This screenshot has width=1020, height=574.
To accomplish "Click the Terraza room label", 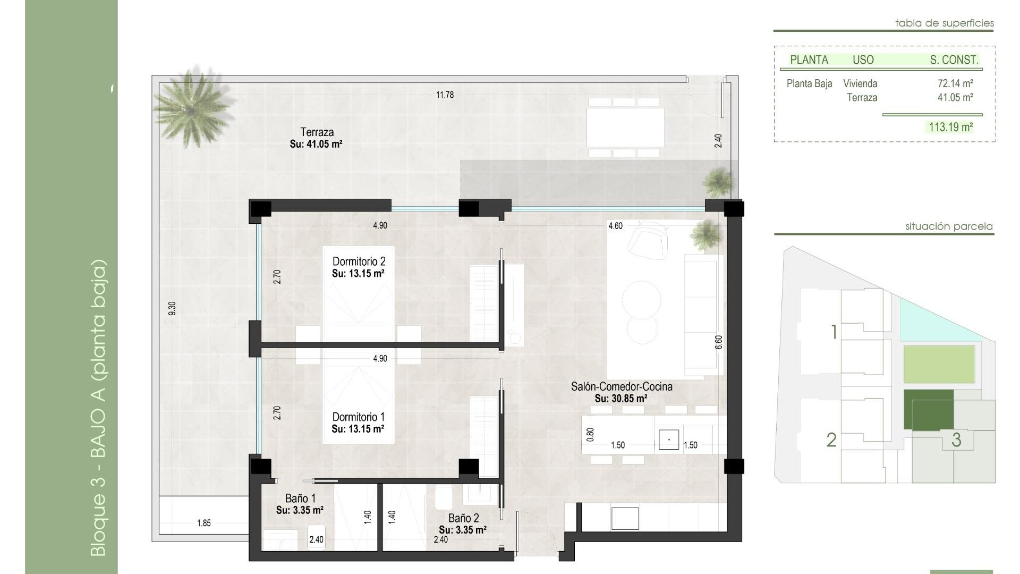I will tap(317, 132).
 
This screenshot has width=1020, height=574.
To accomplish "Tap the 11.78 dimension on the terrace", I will tap(445, 95).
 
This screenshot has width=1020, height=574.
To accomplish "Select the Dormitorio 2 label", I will tap(359, 261).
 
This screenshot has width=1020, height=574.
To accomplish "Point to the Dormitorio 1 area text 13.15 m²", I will tap(358, 429).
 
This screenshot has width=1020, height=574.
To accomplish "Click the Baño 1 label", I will tap(300, 499).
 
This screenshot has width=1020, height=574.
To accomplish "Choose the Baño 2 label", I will tap(463, 518).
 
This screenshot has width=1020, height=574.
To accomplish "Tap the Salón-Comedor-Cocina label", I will tap(622, 387).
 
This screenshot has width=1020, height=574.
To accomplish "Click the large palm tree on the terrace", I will tap(193, 106).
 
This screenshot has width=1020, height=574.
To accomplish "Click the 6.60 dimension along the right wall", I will tap(719, 342).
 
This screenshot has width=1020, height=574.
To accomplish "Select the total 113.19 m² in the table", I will tap(950, 127).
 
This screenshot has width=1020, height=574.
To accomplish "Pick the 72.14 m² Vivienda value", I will tap(955, 83).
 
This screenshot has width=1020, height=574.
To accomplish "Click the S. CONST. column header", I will tap(954, 60).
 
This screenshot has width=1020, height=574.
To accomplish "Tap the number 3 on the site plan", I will tap(956, 440).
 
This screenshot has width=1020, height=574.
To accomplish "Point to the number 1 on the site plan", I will tap(834, 332).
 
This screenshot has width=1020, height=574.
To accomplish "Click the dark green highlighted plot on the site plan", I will tap(928, 409).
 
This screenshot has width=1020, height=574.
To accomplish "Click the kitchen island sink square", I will tap(668, 440).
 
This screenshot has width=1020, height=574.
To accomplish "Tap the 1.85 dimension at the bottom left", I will tap(203, 524).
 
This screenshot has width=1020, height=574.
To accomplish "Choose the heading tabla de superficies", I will tap(944, 23).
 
